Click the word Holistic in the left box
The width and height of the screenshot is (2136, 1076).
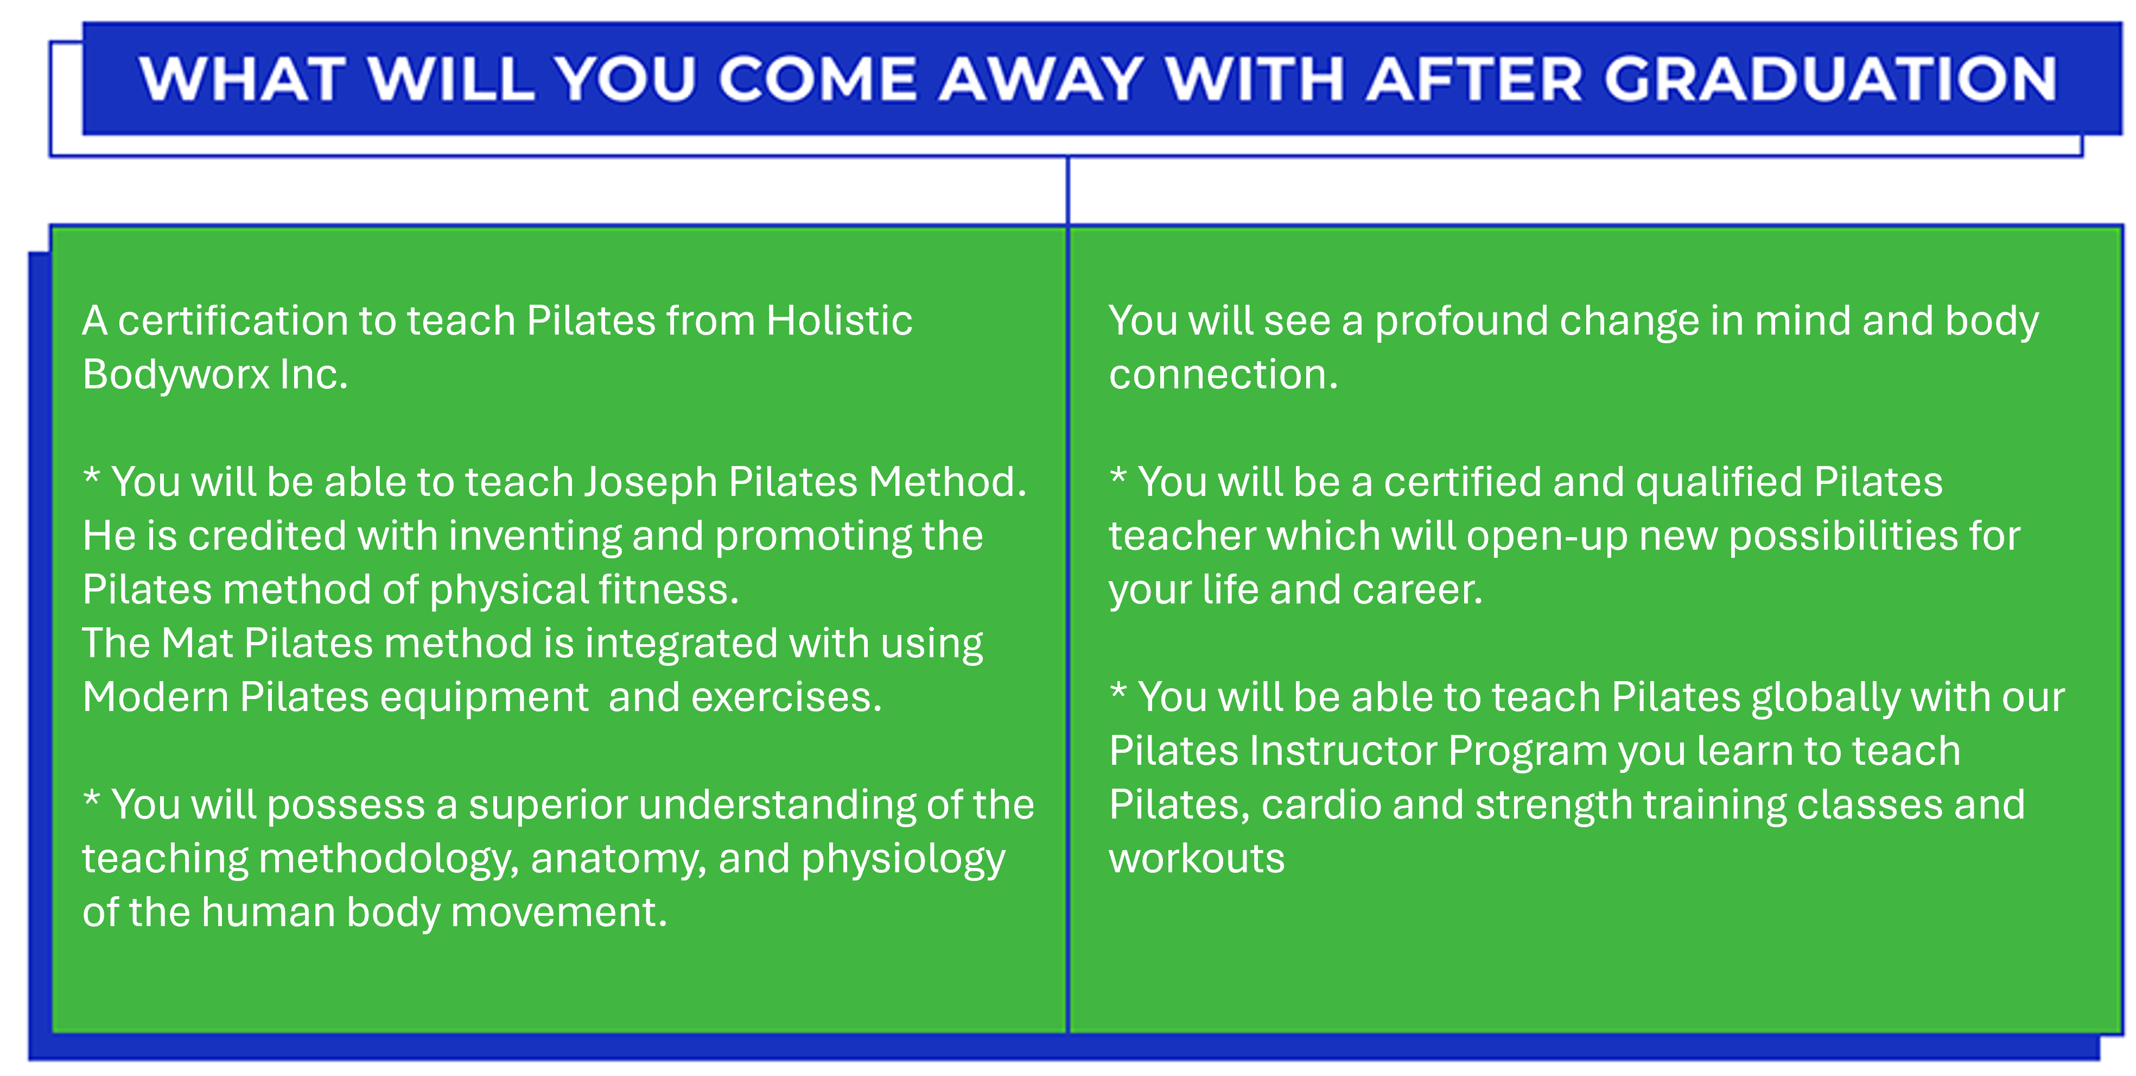pos(839,320)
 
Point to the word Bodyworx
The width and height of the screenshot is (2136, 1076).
pos(176,375)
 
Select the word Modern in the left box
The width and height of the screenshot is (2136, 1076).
pos(156,697)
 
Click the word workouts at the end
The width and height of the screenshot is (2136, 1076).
pos(1197,859)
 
